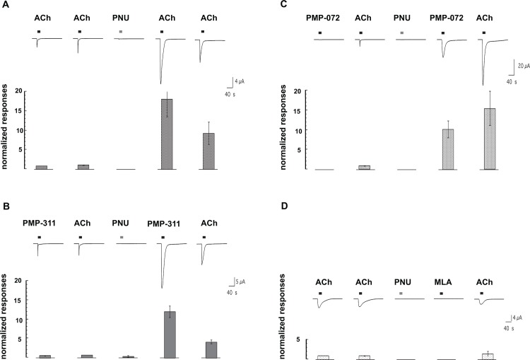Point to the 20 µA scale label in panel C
pyautogui.click(x=522, y=64)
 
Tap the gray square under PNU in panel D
pyautogui.click(x=402, y=292)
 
